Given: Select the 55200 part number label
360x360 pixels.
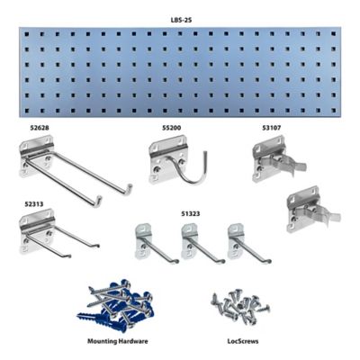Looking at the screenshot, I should (x=173, y=129).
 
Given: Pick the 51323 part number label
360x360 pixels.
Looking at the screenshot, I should (x=193, y=213).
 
